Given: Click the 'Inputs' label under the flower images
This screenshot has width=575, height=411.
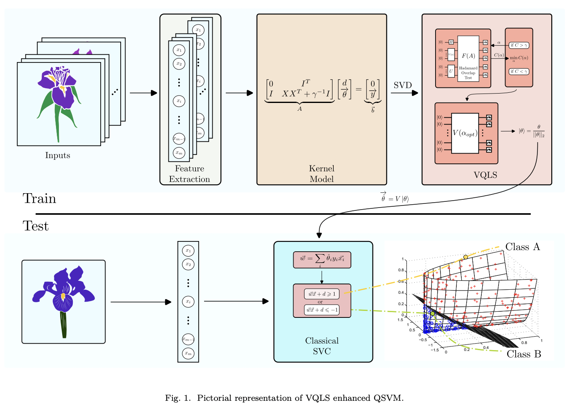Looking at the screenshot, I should [58, 156].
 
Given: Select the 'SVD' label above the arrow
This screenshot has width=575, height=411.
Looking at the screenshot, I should [402, 85].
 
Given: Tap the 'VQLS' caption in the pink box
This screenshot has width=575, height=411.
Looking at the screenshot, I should [485, 175].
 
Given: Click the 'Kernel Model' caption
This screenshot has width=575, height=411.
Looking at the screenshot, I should [321, 174].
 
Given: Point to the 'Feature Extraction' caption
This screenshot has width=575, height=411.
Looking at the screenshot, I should [189, 174].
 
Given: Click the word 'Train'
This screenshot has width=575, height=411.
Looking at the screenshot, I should [39, 199].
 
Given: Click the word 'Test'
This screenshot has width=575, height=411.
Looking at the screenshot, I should [36, 226].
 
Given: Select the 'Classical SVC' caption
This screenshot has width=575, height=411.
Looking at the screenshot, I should [322, 346].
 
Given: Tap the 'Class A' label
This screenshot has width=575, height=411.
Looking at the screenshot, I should [522, 247].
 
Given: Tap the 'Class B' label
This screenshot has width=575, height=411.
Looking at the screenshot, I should [523, 354].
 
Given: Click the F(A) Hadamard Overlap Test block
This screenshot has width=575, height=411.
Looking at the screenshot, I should [468, 58].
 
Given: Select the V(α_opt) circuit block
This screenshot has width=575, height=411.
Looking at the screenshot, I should [465, 133].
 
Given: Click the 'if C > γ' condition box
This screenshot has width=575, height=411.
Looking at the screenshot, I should [519, 45].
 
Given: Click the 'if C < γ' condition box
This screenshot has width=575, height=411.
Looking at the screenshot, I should [519, 71].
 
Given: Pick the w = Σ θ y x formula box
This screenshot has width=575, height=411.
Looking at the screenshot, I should [322, 259].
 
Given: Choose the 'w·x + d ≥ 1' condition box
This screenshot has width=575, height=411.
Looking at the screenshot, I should [322, 294].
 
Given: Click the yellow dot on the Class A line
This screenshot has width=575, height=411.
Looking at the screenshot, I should [465, 257].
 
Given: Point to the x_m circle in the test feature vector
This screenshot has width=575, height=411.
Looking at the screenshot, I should [188, 353].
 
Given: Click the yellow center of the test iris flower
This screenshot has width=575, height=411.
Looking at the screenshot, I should [63, 296].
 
